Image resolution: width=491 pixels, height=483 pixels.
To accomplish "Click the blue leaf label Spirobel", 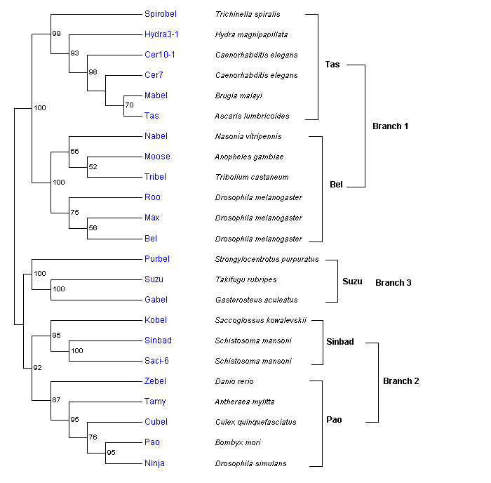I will pos(161,14).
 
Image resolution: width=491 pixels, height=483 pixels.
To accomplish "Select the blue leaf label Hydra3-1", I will pos(162,34).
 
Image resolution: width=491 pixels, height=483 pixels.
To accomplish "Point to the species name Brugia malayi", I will pos(238,95).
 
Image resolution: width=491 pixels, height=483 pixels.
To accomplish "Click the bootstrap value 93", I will pos(74,53).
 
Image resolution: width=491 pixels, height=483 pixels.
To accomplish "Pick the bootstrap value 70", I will pos(129,105).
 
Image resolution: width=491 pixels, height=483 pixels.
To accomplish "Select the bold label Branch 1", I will pos(390,126).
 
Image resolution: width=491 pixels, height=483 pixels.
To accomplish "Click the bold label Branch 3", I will pos(394,283).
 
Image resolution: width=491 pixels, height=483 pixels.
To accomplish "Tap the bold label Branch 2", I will pos(401,381).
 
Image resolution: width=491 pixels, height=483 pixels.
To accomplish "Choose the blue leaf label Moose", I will pos(157,157).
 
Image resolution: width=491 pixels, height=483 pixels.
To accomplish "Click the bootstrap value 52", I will pos(93,167).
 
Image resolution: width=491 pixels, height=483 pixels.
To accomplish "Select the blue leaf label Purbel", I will pos(157,259).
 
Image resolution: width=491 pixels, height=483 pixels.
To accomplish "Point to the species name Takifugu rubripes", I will pos(246,279).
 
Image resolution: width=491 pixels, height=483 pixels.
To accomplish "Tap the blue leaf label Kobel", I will pos(156,320).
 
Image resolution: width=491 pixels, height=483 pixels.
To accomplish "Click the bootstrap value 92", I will pos(39,367).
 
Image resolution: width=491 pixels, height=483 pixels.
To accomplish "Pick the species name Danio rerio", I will pos(234,381).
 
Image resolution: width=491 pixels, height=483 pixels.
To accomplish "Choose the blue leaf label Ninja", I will pos(155,463).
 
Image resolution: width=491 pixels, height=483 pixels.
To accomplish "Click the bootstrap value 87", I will pos(57,399).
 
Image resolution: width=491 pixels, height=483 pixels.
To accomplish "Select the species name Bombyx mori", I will pos(236,442).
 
